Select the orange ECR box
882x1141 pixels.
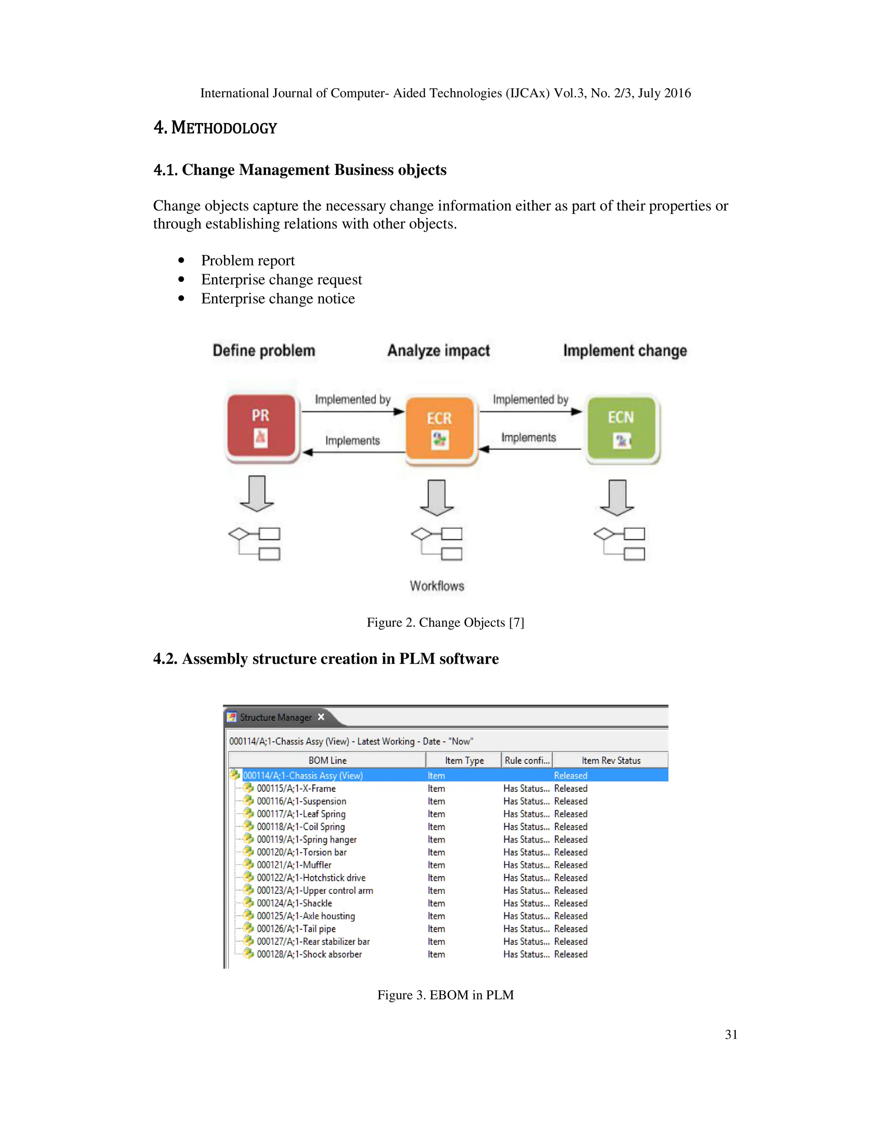[440, 429]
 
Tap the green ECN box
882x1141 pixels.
[621, 428]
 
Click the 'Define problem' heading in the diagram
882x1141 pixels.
[264, 350]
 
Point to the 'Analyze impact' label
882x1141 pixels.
[438, 350]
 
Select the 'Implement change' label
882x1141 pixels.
[625, 350]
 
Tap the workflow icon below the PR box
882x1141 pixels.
[255, 543]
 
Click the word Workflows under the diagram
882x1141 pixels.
[437, 586]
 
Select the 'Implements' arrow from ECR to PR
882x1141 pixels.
[353, 451]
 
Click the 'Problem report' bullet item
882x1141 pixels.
[248, 260]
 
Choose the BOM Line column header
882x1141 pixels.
[327, 760]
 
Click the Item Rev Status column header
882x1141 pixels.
[610, 760]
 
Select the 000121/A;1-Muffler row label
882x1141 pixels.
[294, 865]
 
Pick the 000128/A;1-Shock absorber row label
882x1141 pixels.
[309, 954]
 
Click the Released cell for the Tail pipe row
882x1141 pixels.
[571, 928]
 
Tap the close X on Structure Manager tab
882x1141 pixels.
[321, 717]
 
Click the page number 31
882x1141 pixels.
[731, 1034]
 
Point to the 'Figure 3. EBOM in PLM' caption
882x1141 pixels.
[445, 995]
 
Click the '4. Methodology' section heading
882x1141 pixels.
[215, 127]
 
